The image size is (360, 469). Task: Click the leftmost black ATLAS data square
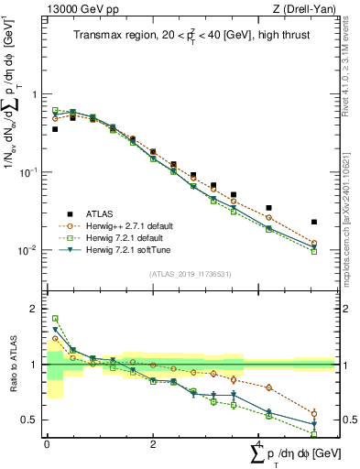point(55,129)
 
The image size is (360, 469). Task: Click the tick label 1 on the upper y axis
point(37,94)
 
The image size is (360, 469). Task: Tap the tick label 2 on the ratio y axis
point(37,309)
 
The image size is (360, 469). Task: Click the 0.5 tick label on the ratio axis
point(33,420)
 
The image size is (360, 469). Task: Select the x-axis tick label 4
point(259,444)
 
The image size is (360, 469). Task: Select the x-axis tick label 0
point(47,444)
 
